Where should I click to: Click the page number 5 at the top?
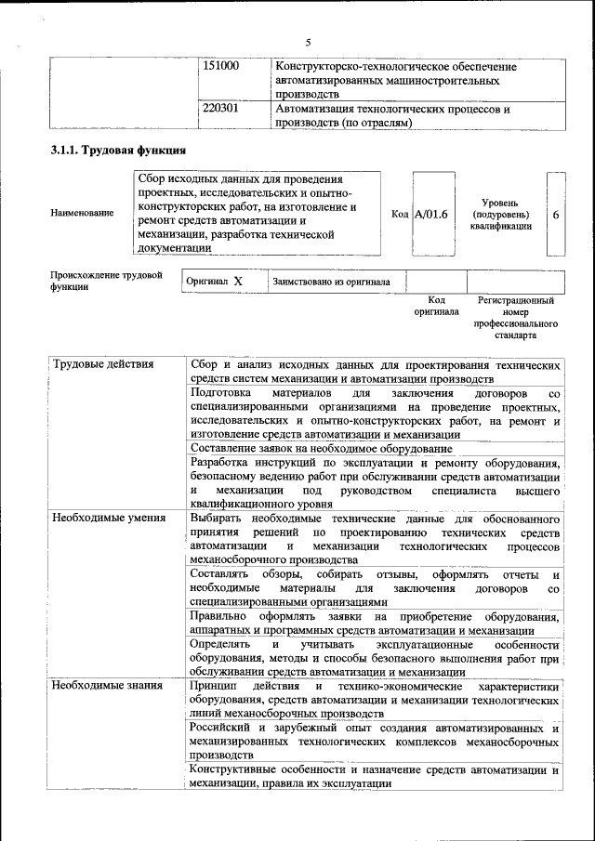click(307, 41)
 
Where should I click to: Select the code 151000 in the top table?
click(221, 67)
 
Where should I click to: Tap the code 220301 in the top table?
click(221, 109)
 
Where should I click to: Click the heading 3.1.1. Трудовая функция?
click(118, 150)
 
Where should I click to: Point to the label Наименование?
click(83, 214)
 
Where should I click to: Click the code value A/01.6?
click(430, 214)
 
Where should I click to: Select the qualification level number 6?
click(555, 214)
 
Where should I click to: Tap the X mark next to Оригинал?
click(238, 281)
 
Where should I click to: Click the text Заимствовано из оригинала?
click(331, 281)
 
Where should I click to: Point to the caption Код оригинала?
click(436, 306)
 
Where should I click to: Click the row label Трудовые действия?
click(103, 364)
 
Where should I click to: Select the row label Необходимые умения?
click(109, 518)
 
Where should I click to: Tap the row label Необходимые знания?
click(108, 686)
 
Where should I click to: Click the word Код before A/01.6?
click(401, 214)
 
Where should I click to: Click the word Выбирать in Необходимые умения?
click(216, 518)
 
